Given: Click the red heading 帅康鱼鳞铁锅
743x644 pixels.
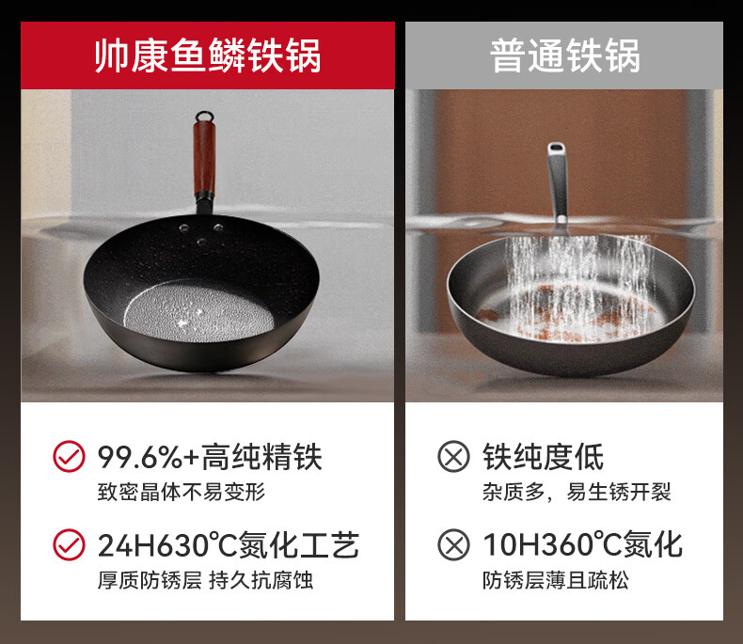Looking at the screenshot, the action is (208, 55).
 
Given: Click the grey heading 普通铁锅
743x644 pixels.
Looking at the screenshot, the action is (564, 55).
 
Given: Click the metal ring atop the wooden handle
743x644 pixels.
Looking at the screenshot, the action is (204, 116).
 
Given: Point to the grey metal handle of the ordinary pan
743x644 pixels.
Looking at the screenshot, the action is (558, 182).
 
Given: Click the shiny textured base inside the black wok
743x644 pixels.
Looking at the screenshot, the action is (199, 311).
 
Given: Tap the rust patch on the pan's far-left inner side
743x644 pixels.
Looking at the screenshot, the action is (487, 314).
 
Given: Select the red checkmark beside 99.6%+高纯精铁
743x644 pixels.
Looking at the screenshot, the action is (69, 457).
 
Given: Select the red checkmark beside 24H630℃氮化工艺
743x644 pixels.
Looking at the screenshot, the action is (69, 544).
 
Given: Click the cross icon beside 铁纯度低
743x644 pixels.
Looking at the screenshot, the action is (453, 457).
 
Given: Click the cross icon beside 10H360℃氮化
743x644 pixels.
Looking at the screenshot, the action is (453, 544).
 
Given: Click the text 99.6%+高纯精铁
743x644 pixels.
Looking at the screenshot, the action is (210, 457).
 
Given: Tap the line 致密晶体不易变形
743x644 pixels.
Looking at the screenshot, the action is (182, 492).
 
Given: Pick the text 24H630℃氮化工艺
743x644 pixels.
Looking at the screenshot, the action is (229, 545).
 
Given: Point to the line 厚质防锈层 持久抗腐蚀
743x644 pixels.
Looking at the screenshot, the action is (205, 580).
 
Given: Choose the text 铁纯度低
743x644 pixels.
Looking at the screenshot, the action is (543, 457).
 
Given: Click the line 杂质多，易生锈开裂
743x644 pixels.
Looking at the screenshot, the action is (577, 492).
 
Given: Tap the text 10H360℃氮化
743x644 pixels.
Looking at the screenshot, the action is (582, 545).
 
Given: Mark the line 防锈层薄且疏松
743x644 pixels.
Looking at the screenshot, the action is (556, 580).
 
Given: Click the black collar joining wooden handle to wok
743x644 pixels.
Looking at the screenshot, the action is (205, 196).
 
